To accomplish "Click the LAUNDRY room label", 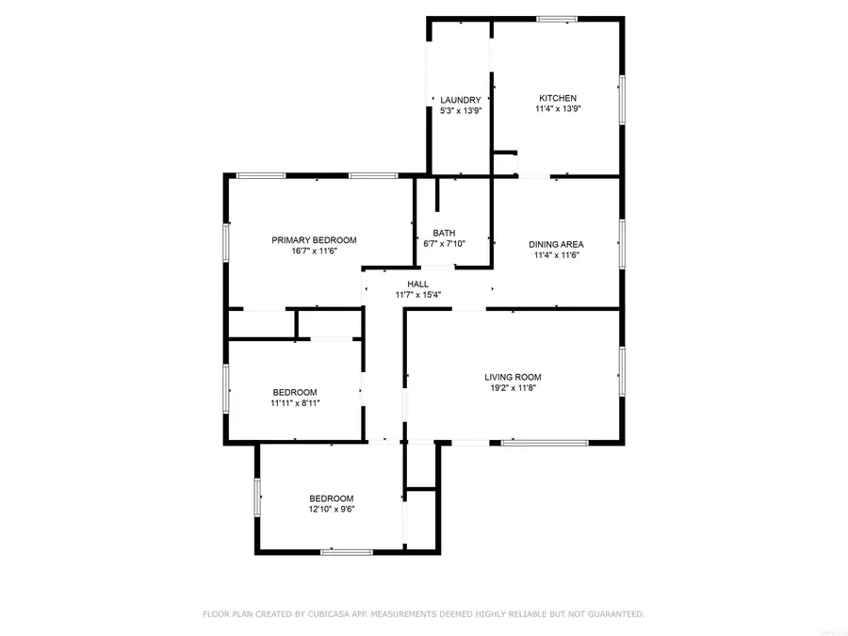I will click(x=461, y=100).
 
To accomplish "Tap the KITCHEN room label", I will click(x=557, y=98).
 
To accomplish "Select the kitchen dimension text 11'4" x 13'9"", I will click(x=557, y=109).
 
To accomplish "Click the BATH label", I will click(x=444, y=233).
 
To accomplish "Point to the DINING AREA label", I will click(x=556, y=244).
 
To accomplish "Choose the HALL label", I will click(x=417, y=284).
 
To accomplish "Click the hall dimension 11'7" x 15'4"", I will click(x=417, y=295).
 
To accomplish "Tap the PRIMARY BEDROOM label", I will click(x=314, y=240).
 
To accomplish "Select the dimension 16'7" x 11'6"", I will click(x=314, y=252).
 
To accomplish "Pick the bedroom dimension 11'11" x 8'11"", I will click(x=295, y=403).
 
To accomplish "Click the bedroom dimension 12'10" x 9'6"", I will click(x=332, y=510).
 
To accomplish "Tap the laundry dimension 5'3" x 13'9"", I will click(x=461, y=111).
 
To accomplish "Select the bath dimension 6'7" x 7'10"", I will click(x=444, y=244).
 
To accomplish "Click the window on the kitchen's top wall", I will click(x=557, y=18).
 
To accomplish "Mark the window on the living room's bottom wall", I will click(x=545, y=442).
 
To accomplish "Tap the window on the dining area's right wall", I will click(x=621, y=243).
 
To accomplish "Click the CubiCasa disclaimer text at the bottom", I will click(x=424, y=614).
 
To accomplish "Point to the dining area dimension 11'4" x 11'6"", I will click(x=556, y=255).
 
